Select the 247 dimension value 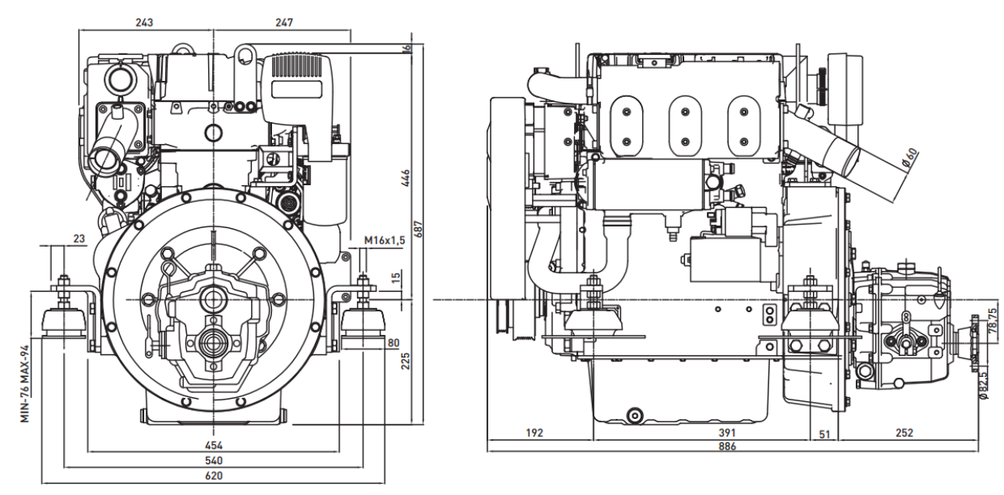tap(283, 22)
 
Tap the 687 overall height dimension tap(419, 230)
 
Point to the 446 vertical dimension tap(406, 178)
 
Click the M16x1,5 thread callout tap(383, 240)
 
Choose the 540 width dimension tap(214, 460)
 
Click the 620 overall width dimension tap(214, 476)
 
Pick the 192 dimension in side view tap(534, 434)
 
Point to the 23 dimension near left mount tap(79, 239)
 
